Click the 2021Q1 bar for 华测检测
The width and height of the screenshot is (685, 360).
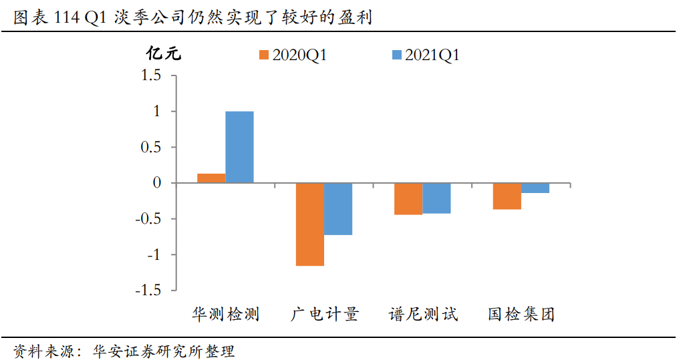pos(239,147)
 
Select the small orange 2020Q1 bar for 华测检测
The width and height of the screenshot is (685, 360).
pos(211,178)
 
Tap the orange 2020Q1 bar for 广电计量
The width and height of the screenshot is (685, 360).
pos(310,224)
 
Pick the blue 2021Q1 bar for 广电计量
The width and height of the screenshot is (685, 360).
pos(338,209)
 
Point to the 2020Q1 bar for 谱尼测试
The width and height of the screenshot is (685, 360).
pos(408,199)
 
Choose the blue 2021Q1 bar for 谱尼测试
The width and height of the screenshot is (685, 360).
pos(436,198)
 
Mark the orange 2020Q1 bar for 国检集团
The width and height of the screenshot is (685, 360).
pos(507,196)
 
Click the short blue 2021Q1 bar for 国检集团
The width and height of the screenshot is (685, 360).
pos(535,188)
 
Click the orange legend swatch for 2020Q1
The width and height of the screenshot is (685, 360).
pos(263,55)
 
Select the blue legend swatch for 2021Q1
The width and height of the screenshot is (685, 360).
pos(396,55)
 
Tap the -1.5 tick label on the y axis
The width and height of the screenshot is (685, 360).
pos(148,291)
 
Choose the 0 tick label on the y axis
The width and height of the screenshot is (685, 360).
pos(158,183)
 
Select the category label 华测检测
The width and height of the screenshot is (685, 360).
pos(225,314)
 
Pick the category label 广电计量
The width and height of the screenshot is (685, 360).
pos(324,314)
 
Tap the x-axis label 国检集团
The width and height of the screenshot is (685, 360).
pos(521,314)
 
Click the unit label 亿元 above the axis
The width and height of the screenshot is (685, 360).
pos(164,55)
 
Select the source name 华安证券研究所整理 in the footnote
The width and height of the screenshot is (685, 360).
pos(164,351)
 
